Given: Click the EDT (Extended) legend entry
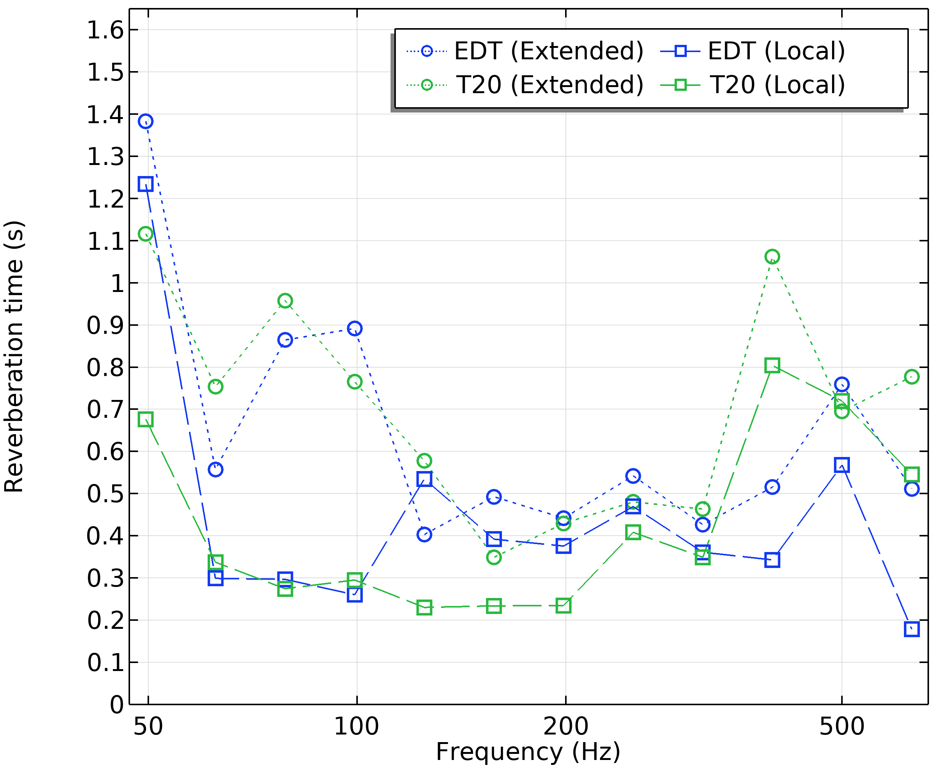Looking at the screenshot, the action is [x=525, y=51].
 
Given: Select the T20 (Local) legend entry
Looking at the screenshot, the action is [x=753, y=84].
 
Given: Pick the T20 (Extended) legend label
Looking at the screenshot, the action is [x=550, y=84].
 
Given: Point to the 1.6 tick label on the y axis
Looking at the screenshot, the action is [x=105, y=30].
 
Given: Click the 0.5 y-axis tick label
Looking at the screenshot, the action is [x=105, y=493].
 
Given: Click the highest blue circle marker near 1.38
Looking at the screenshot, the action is [x=146, y=121].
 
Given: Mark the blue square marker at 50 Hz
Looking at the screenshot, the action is [x=146, y=184].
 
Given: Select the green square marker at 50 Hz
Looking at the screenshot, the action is [x=146, y=419].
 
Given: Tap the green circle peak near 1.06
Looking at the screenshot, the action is [x=772, y=257].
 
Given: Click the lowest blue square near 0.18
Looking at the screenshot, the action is [x=912, y=629].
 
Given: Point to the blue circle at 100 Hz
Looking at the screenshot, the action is [x=354, y=328].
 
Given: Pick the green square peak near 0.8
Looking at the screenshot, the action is [x=772, y=365].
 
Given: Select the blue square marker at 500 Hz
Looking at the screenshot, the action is [x=842, y=465].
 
